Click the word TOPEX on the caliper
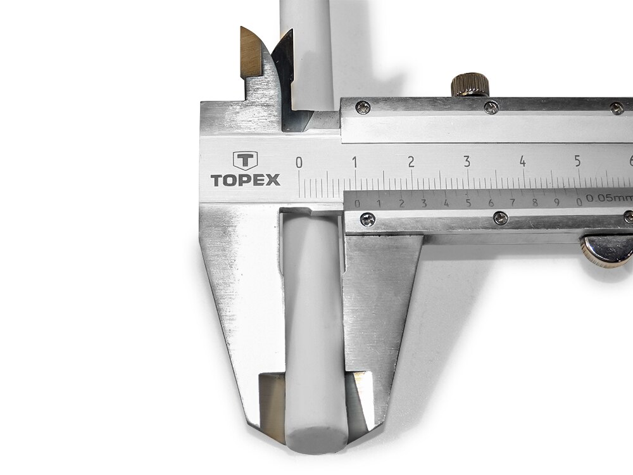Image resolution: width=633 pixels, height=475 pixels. pyautogui.click(x=245, y=180)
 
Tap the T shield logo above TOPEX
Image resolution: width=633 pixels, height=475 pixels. pyautogui.click(x=245, y=161)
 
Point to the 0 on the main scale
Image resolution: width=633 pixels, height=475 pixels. pyautogui.click(x=299, y=162)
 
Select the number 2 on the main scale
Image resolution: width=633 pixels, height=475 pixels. pyautogui.click(x=411, y=162)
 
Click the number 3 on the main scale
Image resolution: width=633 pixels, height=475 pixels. pyautogui.click(x=467, y=161)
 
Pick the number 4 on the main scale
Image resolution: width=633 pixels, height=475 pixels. pyautogui.click(x=522, y=161)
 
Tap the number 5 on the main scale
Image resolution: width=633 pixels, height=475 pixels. pyautogui.click(x=578, y=161)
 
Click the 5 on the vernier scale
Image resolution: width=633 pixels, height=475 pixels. pyautogui.click(x=468, y=203)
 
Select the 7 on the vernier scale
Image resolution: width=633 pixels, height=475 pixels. pyautogui.click(x=512, y=202)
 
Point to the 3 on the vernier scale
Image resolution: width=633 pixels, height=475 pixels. pyautogui.click(x=423, y=203)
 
